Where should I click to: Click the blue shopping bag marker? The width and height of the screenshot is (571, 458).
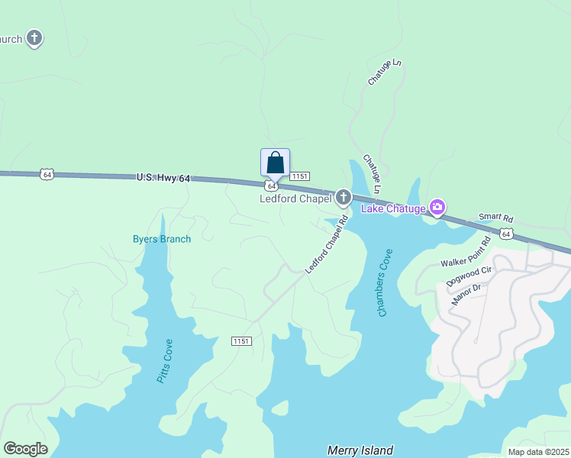click(275, 163)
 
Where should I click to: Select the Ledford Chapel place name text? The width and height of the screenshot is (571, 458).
click(295, 199)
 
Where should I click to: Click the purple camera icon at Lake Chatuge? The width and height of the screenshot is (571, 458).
click(437, 207)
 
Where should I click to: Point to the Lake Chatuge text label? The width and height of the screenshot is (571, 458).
click(392, 208)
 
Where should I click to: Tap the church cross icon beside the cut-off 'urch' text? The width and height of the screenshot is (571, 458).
click(34, 37)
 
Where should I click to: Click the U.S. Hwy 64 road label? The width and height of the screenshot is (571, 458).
click(163, 178)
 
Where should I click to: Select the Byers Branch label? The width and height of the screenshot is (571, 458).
click(161, 239)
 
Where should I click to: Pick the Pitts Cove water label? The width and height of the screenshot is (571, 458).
click(165, 360)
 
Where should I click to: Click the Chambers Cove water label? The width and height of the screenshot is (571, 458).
click(384, 282)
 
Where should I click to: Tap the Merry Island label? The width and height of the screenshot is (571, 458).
click(360, 450)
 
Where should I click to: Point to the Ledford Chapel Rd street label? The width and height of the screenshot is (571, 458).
click(326, 244)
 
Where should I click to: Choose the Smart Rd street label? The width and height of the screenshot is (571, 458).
click(495, 218)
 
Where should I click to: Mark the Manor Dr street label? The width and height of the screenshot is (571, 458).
click(468, 294)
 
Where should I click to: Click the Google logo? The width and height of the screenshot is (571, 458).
click(25, 449)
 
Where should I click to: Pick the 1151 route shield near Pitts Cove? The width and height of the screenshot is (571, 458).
click(242, 341)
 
